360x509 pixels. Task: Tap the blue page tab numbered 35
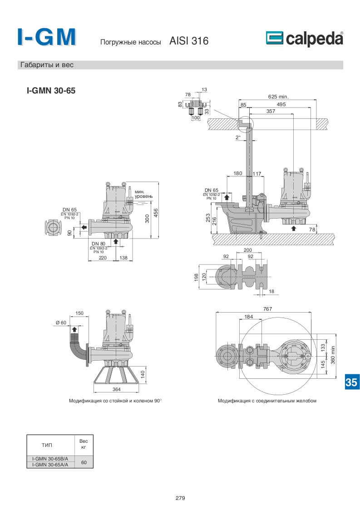pos(351,382)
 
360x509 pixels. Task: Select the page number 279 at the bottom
pos(180,498)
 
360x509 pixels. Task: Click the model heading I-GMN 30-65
pos(51,91)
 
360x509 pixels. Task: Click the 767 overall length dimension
pos(267,309)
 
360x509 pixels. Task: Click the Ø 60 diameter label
pos(61,322)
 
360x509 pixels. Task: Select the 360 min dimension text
pos(333,355)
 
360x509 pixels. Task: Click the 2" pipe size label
pos(238,137)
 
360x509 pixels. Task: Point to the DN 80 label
pos(99,244)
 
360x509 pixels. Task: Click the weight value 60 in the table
pos(84,462)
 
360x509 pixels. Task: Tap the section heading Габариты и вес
pos(47,65)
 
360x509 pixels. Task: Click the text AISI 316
pos(188,41)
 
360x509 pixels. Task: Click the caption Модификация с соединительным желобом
pos(267,401)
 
